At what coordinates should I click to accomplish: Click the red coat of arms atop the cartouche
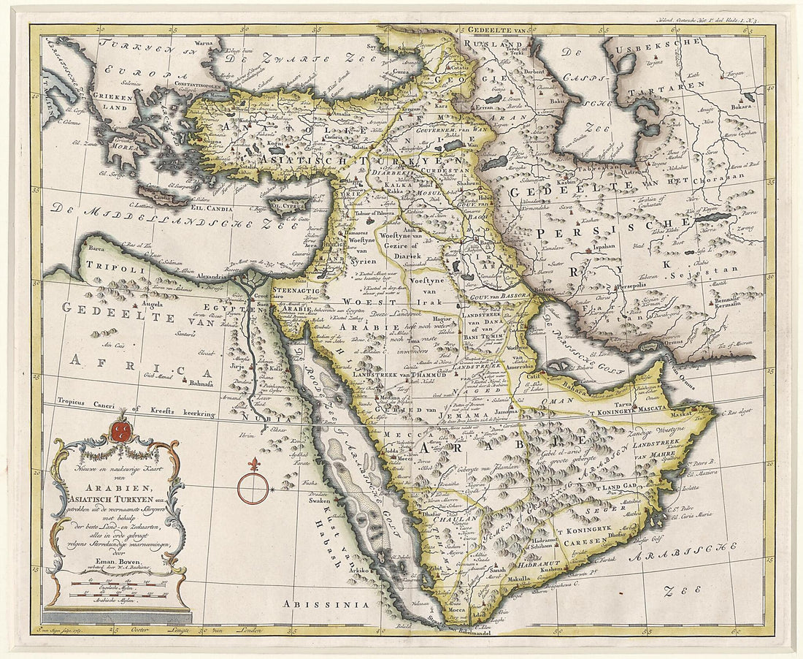point(122,428)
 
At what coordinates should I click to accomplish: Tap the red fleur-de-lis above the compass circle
point(254,465)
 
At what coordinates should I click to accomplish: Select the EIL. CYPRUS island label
point(283,206)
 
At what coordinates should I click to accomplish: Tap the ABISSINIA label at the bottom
point(318,603)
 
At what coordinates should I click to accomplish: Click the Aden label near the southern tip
point(480,615)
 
